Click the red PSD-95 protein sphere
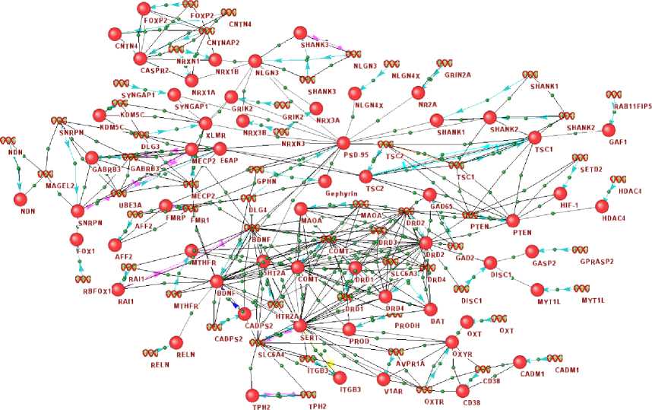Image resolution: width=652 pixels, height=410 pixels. coord(343,143)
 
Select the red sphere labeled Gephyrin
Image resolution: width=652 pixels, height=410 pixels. coord(324,181)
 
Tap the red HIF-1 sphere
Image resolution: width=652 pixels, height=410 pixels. coord(561,193)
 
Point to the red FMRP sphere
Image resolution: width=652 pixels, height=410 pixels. coord(166,205)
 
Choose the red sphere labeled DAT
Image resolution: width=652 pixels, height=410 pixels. coord(429,309)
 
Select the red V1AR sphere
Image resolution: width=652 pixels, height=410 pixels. coord(383,378)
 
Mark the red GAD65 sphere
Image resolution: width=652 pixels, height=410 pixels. coord(429,195)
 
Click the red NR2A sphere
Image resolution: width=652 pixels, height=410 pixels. coord(416,92)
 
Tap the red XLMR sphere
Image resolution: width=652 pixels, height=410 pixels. coord(204,123)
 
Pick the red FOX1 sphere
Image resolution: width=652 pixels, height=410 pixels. coord(76,240)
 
